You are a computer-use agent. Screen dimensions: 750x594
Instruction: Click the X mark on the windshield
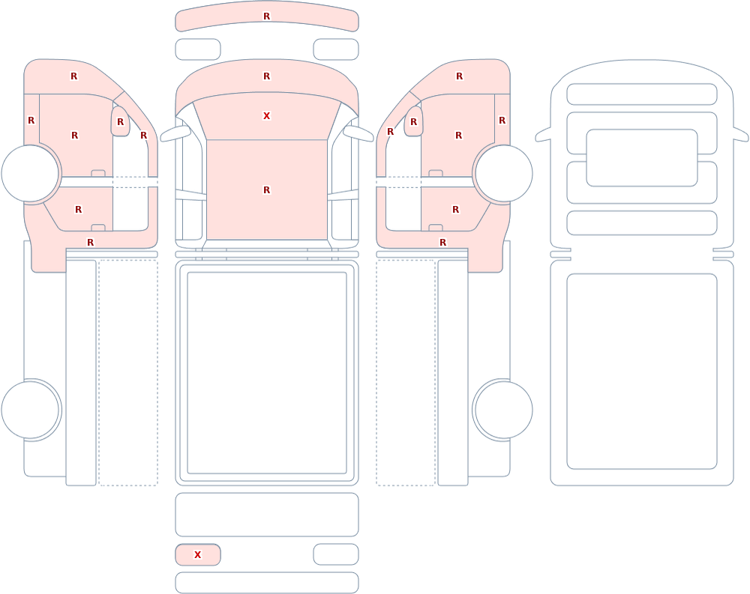click(267, 115)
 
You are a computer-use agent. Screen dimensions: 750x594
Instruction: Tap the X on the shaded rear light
click(197, 554)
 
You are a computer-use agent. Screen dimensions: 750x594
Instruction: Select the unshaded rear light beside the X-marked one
click(336, 554)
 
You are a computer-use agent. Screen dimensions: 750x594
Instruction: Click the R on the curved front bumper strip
click(267, 16)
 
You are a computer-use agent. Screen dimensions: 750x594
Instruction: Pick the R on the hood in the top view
click(267, 76)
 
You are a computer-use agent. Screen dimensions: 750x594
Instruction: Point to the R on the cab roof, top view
click(267, 190)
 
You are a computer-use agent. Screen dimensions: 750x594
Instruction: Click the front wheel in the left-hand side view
click(30, 174)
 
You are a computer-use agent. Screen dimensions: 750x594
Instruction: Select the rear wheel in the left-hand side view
click(30, 410)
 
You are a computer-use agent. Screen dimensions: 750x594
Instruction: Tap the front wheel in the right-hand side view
click(504, 174)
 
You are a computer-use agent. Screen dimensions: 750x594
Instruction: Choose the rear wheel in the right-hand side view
click(504, 410)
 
